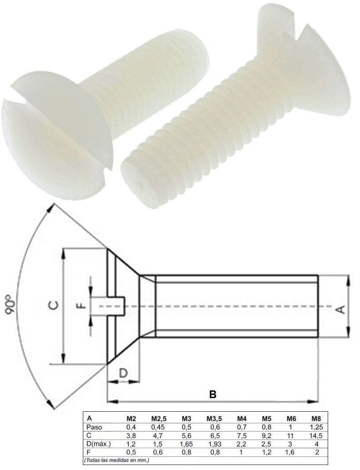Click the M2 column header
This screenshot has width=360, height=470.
[131, 419]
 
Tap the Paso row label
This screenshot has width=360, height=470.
[94, 427]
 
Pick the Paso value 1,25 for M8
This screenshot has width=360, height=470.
[316, 427]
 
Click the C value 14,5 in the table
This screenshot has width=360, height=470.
[316, 435]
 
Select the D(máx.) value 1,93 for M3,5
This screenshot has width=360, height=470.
[214, 443]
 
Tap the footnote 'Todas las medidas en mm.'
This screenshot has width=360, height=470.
[117, 460]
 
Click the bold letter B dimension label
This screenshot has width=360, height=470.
[212, 394]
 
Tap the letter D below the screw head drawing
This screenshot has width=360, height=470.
[123, 373]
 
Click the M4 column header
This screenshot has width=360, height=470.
[241, 419]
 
